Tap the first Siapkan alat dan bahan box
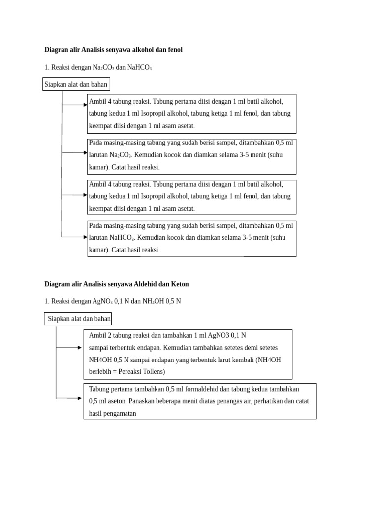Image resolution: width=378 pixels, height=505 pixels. [76, 84]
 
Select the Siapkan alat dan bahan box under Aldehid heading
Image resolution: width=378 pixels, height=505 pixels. [79, 319]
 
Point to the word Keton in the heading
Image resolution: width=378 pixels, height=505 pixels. [180, 284]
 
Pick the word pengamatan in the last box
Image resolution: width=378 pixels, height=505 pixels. [118, 413]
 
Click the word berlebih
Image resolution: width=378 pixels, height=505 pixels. [101, 371]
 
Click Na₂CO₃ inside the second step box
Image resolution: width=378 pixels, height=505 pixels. [121, 155]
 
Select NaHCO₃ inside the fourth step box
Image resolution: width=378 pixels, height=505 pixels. [122, 237]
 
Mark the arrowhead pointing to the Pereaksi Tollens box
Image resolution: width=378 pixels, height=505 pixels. [80, 348]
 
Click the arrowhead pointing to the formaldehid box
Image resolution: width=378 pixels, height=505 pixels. [80, 398]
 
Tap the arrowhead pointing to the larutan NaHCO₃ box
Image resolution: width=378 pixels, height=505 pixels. [85, 237]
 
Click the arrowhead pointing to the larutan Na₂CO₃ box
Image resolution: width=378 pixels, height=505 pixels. [85, 153]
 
